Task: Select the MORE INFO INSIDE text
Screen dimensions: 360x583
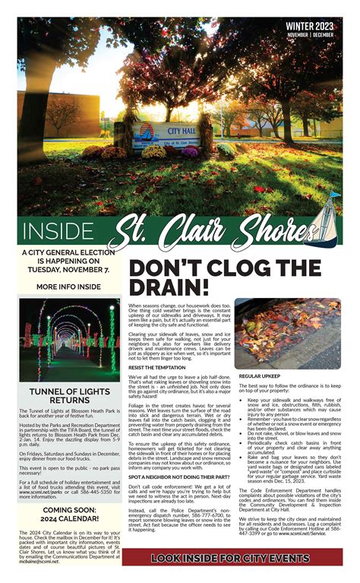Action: click(x=68, y=287)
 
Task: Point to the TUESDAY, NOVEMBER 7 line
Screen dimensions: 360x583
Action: click(x=68, y=270)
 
